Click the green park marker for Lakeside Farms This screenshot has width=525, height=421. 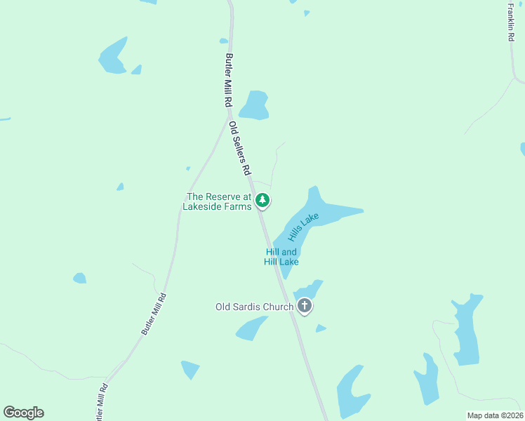[262, 201]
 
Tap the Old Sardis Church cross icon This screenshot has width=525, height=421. [304, 305]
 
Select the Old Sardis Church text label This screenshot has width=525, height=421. [253, 307]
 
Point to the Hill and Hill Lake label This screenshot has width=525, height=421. [281, 257]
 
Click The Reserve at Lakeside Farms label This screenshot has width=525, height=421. [218, 201]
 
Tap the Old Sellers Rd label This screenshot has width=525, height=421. [240, 148]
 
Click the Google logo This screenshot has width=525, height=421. [23, 413]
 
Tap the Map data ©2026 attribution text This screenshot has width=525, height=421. [494, 415]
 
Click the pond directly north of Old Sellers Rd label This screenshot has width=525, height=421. [255, 105]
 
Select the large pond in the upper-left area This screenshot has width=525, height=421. [113, 56]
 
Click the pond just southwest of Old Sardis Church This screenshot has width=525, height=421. [251, 328]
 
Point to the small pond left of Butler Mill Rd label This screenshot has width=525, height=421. [79, 278]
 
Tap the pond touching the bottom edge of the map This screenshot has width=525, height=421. [352, 393]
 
